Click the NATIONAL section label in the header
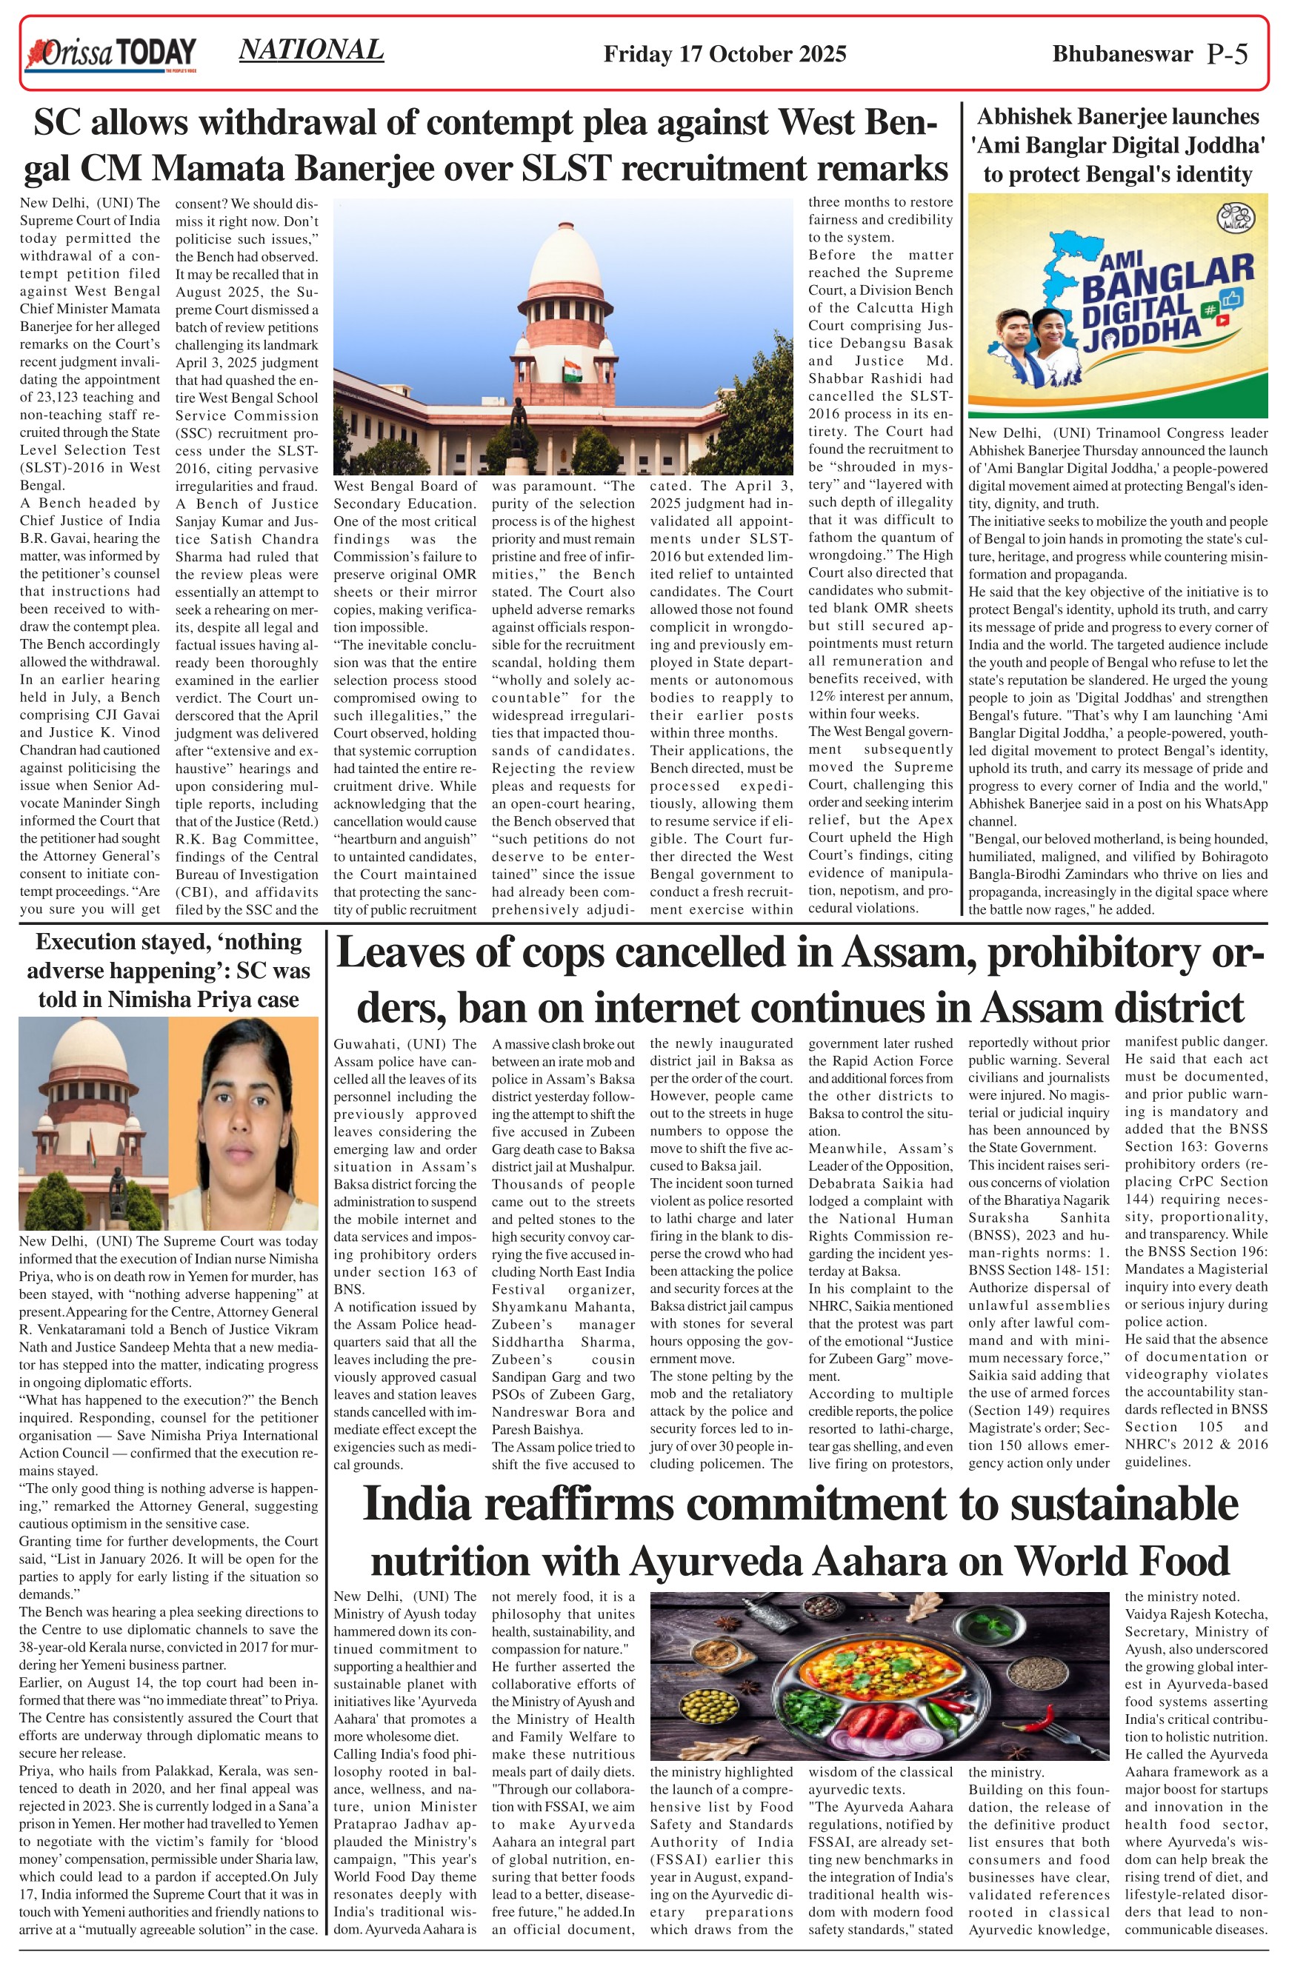pyautogui.click(x=310, y=50)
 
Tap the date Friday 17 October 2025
pyautogui.click(x=725, y=55)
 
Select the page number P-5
pyautogui.click(x=1227, y=54)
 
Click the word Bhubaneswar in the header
pyautogui.click(x=1122, y=55)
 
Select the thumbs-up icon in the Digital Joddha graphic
pyautogui.click(x=1232, y=298)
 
